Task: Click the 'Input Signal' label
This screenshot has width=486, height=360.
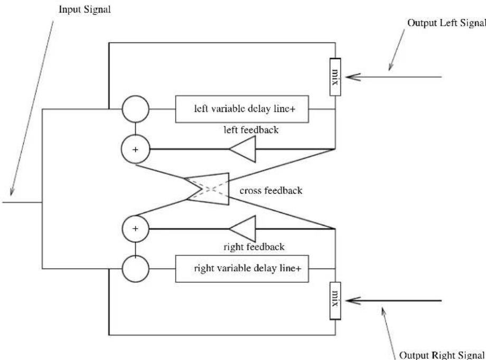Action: point(85,10)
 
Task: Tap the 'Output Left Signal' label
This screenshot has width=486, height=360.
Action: point(446,23)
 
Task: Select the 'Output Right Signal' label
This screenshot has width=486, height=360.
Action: point(442,355)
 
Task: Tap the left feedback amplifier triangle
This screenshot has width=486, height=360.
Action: point(242,149)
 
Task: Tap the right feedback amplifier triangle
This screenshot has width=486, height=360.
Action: point(242,229)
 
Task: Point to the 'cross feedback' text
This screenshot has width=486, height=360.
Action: point(271,190)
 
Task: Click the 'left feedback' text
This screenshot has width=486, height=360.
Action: point(251,129)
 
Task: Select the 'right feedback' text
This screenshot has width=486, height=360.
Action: point(254,247)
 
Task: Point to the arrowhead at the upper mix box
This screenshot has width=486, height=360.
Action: point(353,77)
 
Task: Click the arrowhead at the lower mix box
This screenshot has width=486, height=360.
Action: point(353,300)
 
